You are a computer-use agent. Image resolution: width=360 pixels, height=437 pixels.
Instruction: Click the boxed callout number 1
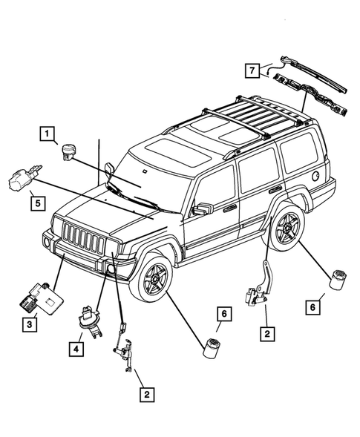(x=47, y=134)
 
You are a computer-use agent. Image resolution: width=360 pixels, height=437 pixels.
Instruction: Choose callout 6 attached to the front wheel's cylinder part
(x=223, y=317)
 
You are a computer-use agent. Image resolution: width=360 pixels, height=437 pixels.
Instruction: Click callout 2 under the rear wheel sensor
(x=265, y=333)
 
